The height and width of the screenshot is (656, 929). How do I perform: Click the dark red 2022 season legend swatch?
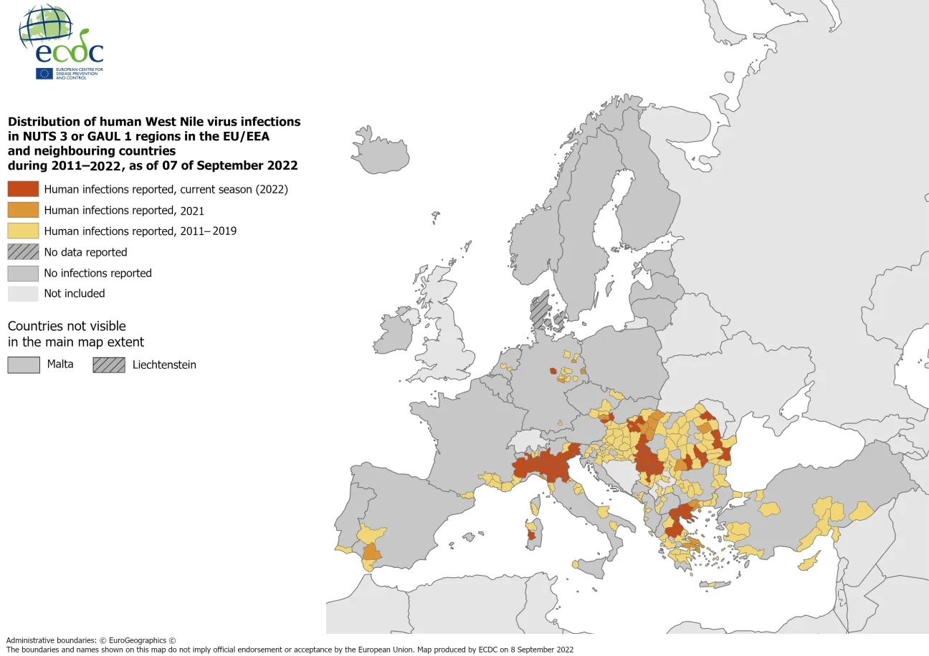(x=23, y=189)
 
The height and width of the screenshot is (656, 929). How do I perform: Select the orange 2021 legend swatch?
(x=23, y=210)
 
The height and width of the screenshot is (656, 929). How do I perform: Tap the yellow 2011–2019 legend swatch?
(x=23, y=231)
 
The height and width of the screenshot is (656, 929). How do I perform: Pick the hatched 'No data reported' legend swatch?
(x=23, y=252)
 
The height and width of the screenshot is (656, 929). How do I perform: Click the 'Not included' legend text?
(x=75, y=294)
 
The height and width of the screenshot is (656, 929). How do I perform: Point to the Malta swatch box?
(x=23, y=365)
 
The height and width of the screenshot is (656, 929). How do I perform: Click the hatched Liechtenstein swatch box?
(x=108, y=365)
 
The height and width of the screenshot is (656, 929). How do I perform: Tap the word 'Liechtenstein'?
(x=164, y=365)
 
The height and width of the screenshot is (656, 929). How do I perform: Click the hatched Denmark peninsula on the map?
(x=539, y=309)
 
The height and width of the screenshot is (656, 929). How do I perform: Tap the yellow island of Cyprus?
(x=809, y=562)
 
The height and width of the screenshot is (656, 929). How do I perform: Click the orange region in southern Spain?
(x=372, y=551)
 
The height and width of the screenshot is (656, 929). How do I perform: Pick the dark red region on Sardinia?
(x=531, y=535)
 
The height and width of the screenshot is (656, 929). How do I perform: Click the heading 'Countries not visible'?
(x=67, y=326)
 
